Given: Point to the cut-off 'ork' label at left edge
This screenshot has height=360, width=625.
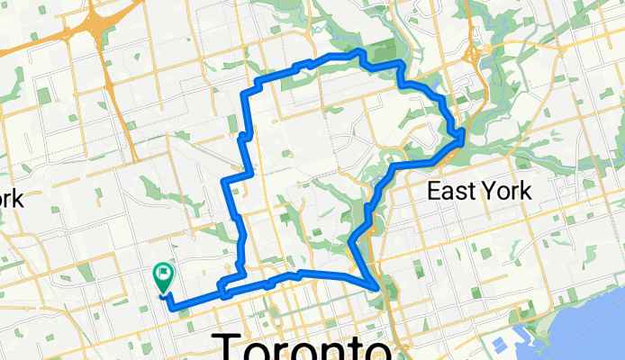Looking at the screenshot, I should [x=12, y=198].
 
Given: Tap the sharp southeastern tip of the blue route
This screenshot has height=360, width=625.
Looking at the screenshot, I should [x=377, y=288].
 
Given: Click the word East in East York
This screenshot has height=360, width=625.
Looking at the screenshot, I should [x=453, y=191].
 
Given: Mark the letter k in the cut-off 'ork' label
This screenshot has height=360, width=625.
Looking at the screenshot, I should [x=18, y=198].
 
